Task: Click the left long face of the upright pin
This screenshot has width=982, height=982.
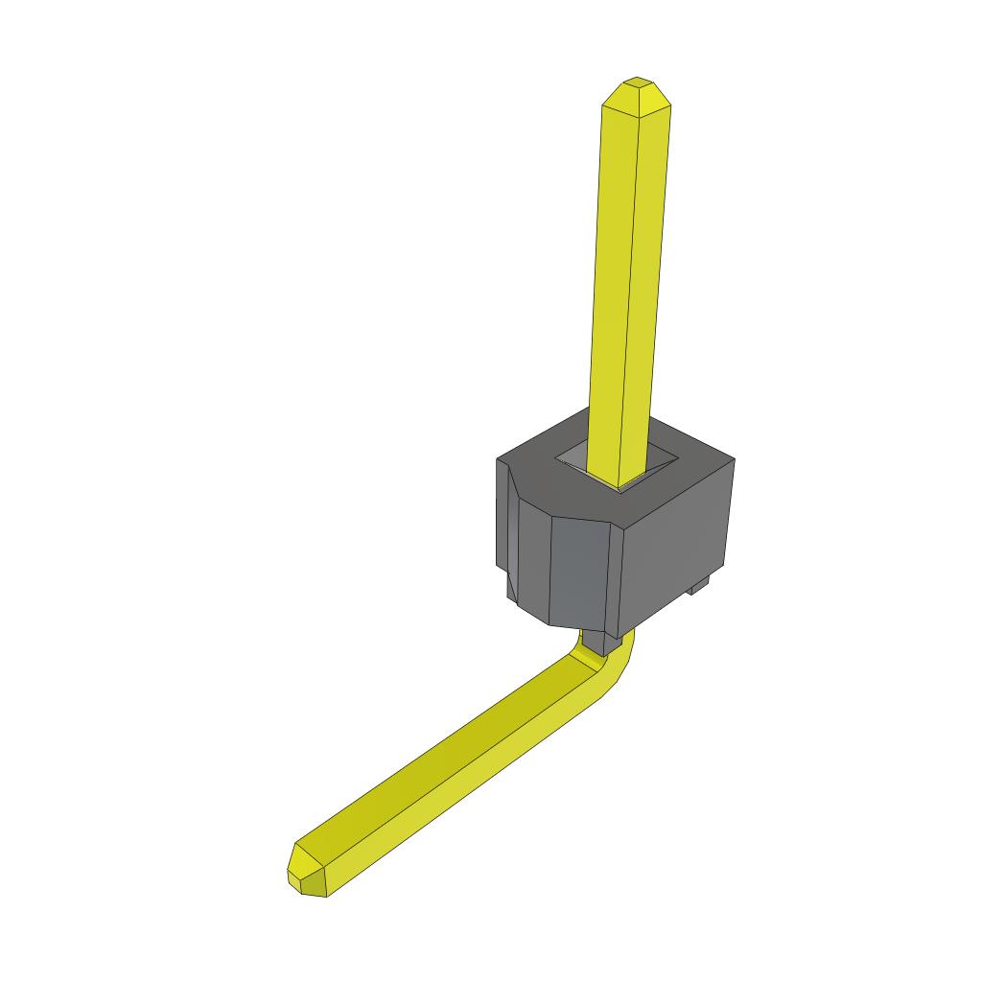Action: (x=614, y=288)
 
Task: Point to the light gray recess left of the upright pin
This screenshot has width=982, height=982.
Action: (x=575, y=458)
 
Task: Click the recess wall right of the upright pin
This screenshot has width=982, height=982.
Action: (x=662, y=459)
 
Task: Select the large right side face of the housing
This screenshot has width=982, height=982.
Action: (x=681, y=547)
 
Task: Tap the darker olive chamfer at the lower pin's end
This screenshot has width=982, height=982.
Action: (x=315, y=888)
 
